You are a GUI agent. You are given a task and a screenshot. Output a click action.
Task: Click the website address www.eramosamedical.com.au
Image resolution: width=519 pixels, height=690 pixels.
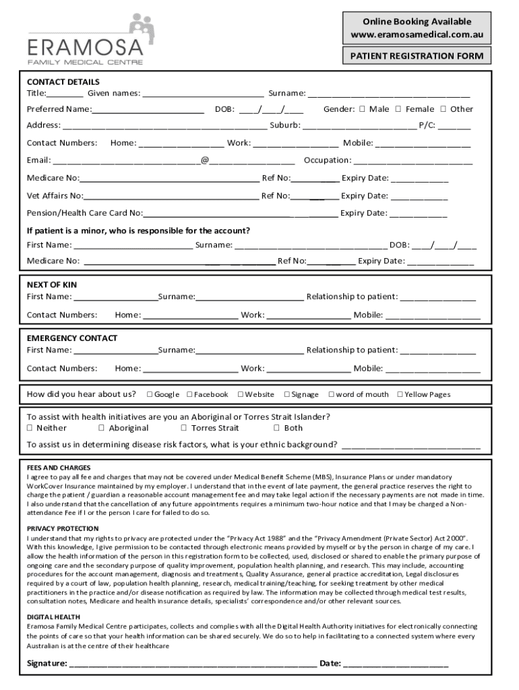pyautogui.click(x=417, y=35)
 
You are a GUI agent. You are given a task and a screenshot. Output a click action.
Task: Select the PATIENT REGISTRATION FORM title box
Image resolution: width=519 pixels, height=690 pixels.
pyautogui.click(x=417, y=56)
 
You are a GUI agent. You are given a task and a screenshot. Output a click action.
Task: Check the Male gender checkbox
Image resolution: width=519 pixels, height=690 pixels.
pyautogui.click(x=362, y=109)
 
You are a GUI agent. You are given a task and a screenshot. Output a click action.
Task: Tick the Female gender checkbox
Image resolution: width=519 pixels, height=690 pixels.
pyautogui.click(x=398, y=109)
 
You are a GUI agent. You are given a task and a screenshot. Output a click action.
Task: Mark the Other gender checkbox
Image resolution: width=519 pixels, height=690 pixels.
pyautogui.click(x=444, y=109)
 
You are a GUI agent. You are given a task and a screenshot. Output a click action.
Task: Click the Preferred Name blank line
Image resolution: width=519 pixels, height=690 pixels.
pyautogui.click(x=148, y=110)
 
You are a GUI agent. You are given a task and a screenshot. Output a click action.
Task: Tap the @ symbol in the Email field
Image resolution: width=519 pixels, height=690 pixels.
pyautogui.click(x=204, y=160)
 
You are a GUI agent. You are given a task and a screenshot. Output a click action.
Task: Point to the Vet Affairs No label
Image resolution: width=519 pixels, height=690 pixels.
pyautogui.click(x=55, y=196)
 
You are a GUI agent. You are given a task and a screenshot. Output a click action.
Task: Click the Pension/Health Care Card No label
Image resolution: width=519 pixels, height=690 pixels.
pyautogui.click(x=84, y=214)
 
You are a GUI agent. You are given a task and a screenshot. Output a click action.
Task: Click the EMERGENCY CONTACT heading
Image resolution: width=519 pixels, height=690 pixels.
pyautogui.click(x=72, y=338)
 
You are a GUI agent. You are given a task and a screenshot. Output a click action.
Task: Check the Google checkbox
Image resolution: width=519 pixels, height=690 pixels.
pyautogui.click(x=149, y=395)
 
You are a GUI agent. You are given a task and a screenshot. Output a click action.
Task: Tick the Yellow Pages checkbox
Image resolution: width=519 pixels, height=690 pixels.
pyautogui.click(x=400, y=395)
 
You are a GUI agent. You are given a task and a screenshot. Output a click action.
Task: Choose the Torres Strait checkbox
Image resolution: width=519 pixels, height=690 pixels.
pyautogui.click(x=184, y=428)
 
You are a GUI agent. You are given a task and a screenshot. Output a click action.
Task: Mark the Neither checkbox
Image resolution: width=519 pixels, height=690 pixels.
pyautogui.click(x=30, y=428)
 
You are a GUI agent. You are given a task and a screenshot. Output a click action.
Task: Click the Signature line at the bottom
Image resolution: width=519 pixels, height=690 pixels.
pyautogui.click(x=192, y=664)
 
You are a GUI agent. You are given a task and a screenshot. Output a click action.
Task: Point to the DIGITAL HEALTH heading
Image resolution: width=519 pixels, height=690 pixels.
pyautogui.click(x=53, y=617)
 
